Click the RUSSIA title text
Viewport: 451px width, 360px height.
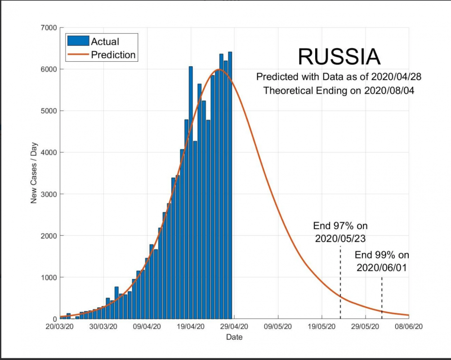click(x=339, y=57)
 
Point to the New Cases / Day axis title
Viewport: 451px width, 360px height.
click(x=34, y=173)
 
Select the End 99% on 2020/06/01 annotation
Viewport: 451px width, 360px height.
click(x=382, y=261)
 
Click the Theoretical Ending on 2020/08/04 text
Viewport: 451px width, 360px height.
click(x=339, y=90)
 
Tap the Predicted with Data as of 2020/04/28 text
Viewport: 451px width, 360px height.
click(x=339, y=76)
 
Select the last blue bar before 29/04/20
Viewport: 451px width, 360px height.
click(x=230, y=184)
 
